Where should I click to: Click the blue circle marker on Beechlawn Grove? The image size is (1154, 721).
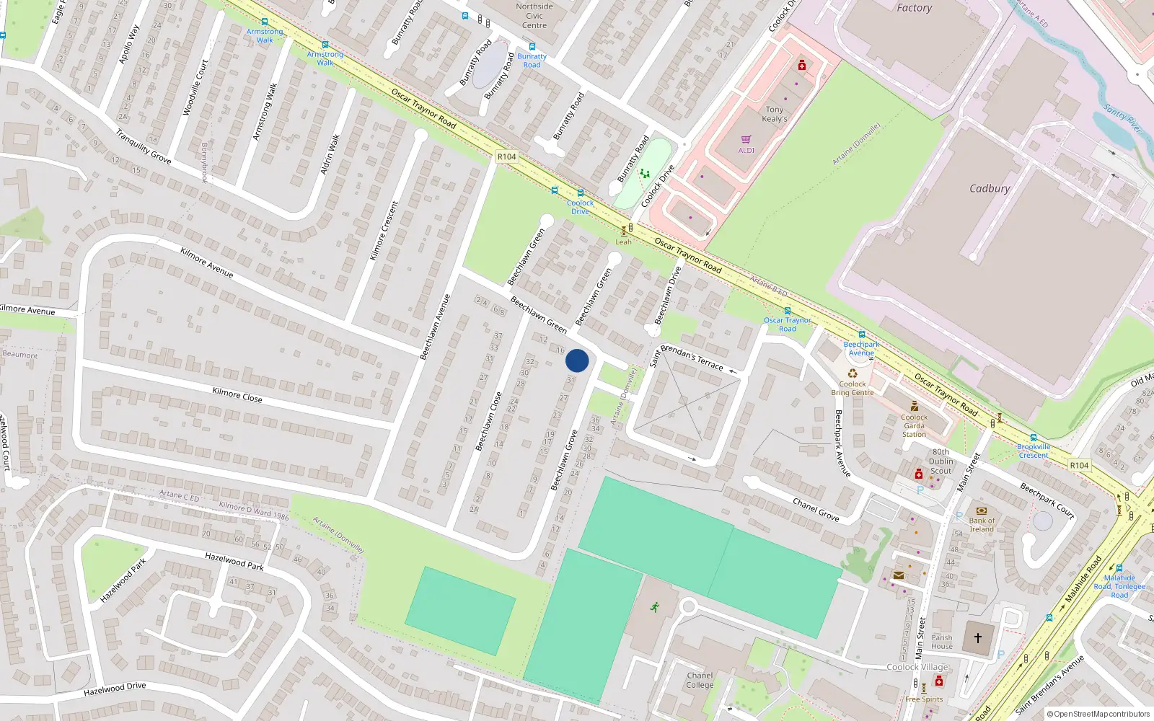(577, 360)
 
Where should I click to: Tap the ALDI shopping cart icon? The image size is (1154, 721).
(746, 139)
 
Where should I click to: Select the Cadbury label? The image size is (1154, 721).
(990, 188)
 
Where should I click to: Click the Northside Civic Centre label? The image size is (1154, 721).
(534, 16)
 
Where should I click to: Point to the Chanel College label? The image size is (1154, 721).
(700, 680)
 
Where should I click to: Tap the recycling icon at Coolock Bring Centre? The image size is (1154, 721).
(853, 373)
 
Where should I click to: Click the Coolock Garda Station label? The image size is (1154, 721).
(914, 425)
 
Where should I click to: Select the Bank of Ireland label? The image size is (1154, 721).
(982, 524)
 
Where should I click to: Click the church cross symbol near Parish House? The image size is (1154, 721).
(978, 638)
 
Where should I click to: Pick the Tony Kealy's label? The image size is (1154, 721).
(775, 114)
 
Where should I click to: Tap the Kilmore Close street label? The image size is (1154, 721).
(237, 394)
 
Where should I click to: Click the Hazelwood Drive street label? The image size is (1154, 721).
(115, 689)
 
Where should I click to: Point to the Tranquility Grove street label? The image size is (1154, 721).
(143, 146)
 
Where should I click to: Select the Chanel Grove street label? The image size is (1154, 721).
(816, 509)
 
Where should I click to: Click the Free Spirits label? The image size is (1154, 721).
(924, 699)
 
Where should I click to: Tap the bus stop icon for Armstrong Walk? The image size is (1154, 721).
(265, 22)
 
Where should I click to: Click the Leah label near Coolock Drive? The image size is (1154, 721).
(623, 242)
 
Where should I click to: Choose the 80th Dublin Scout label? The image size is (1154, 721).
(941, 461)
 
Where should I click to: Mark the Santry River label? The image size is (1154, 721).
(1123, 118)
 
